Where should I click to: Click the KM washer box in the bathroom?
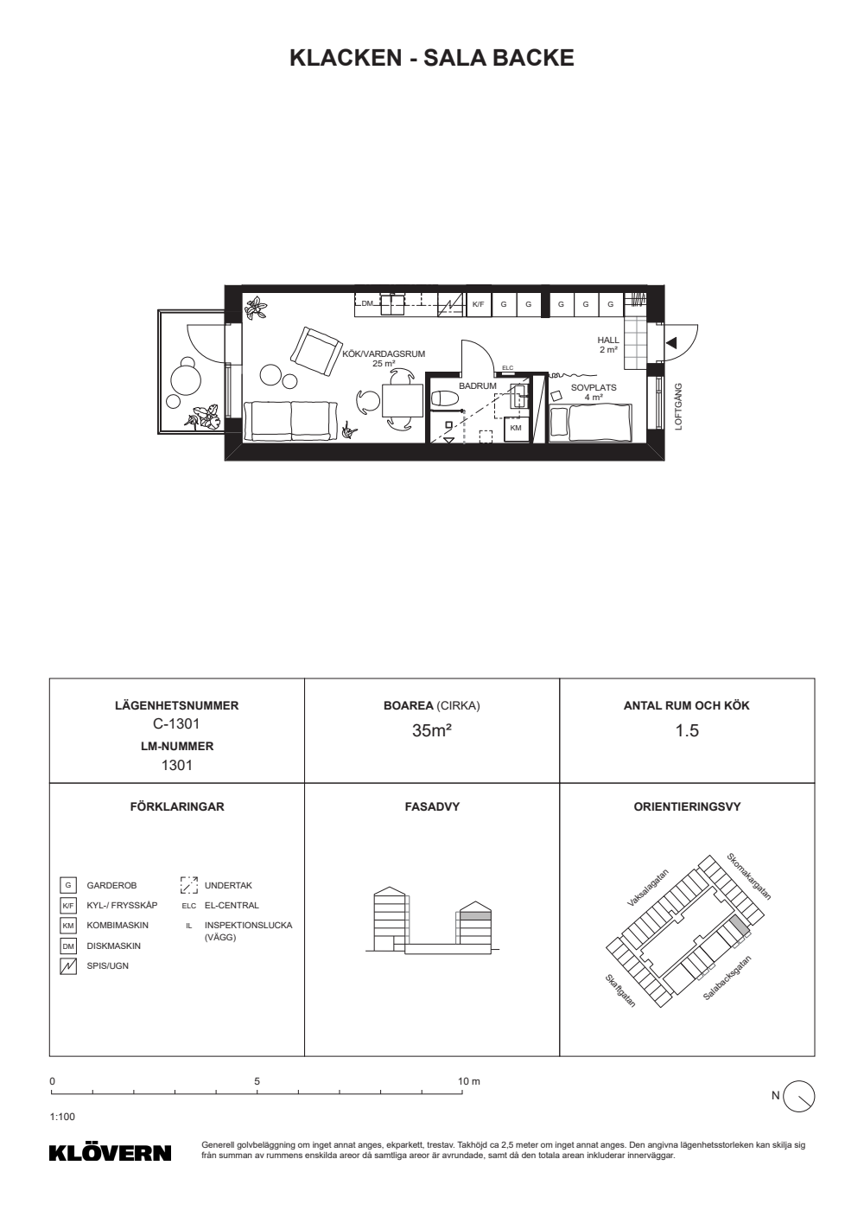coord(516,428)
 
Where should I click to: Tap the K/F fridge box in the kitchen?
coord(479,304)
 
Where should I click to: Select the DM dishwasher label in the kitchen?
coord(367,303)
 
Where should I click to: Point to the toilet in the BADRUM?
coord(445,398)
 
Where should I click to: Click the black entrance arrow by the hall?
coord(670,343)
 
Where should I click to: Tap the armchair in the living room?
coord(316,351)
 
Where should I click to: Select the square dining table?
coord(403,400)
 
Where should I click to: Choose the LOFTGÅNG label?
coord(679,407)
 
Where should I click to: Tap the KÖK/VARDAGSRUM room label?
coord(384,354)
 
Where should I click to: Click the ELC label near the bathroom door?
coord(508,368)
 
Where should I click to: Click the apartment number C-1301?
coord(176,723)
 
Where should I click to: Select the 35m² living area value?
coord(431,730)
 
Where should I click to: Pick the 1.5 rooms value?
coord(687,730)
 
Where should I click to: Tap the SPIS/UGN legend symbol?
coord(68,966)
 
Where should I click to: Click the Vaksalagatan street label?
coord(648,888)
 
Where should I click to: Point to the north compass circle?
coord(799,1096)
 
